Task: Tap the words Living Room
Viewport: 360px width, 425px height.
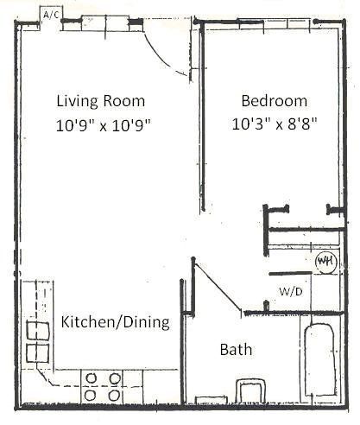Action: (x=101, y=99)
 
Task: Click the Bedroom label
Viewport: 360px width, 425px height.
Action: (x=274, y=99)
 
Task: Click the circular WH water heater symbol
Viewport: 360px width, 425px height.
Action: (x=325, y=261)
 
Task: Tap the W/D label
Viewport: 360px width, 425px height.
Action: (x=290, y=291)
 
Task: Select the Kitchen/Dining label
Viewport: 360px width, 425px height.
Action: (x=115, y=322)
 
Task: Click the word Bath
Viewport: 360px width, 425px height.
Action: (x=236, y=350)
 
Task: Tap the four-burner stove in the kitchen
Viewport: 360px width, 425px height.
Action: (x=102, y=385)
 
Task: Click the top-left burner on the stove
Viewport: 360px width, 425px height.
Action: (x=91, y=377)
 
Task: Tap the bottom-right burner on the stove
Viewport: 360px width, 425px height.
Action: (x=113, y=395)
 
